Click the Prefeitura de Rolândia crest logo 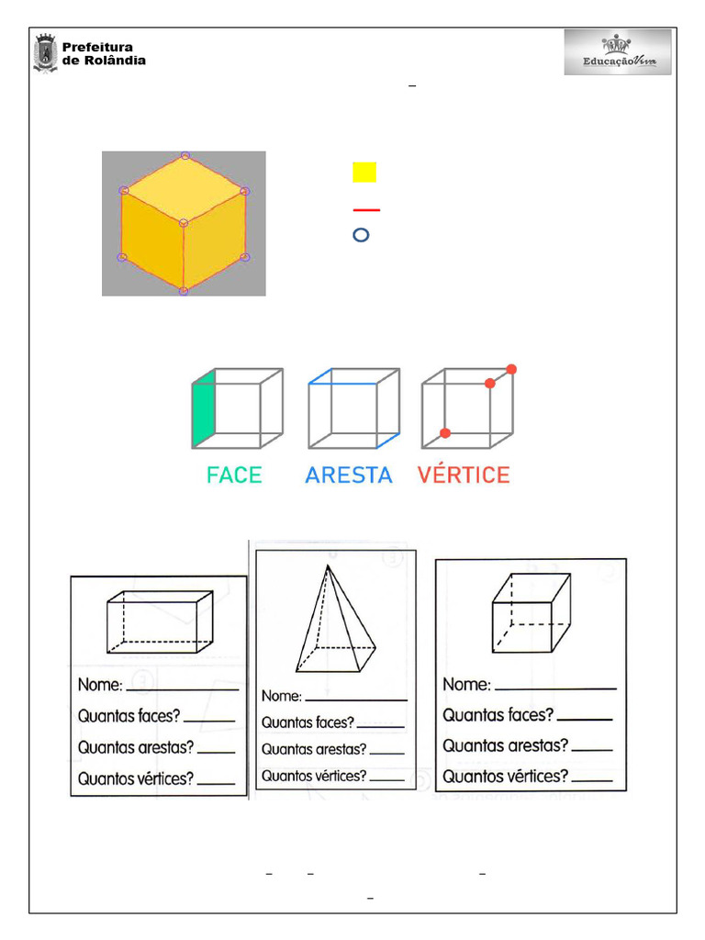pyautogui.click(x=45, y=53)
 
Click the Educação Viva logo pyautogui.click(x=617, y=53)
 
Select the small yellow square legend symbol pyautogui.click(x=364, y=172)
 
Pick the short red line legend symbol pyautogui.click(x=365, y=210)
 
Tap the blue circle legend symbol pyautogui.click(x=361, y=235)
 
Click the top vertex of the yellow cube pyautogui.click(x=185, y=156)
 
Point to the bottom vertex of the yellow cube pyautogui.click(x=184, y=291)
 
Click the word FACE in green pyautogui.click(x=234, y=476)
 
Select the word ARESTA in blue pyautogui.click(x=349, y=476)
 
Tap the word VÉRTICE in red pyautogui.click(x=464, y=476)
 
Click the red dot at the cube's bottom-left pyautogui.click(x=445, y=432)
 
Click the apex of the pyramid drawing pyautogui.click(x=328, y=566)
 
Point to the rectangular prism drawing pyautogui.click(x=160, y=622)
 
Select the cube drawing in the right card pyautogui.click(x=531, y=613)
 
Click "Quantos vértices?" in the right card pyautogui.click(x=500, y=777)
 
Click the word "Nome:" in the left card pyautogui.click(x=99, y=685)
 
